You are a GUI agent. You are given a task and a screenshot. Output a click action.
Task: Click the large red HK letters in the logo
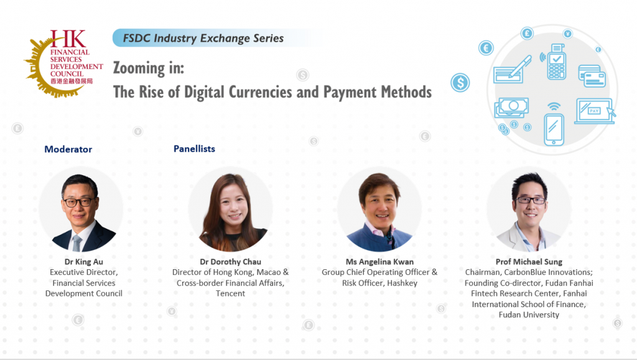click(x=68, y=39)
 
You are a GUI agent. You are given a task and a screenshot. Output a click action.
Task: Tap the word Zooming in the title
click(x=139, y=68)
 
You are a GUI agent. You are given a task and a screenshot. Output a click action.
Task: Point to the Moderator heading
click(x=68, y=149)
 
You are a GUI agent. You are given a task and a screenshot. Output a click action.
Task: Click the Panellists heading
click(x=194, y=149)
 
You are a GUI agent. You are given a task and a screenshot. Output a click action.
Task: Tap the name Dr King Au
click(x=84, y=262)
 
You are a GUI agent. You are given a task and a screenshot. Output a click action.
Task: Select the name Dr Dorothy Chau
click(x=230, y=262)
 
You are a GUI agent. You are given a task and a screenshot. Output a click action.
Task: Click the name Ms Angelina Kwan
click(x=379, y=262)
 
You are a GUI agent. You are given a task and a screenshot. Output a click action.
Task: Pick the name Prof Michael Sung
click(x=529, y=262)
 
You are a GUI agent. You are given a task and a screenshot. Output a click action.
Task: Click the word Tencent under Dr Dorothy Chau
click(x=230, y=293)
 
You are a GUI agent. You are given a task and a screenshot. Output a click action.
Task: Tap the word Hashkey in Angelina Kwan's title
click(x=402, y=283)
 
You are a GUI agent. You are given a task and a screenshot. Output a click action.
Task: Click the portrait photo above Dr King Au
click(x=81, y=210)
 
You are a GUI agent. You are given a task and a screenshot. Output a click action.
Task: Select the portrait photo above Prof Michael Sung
click(x=529, y=210)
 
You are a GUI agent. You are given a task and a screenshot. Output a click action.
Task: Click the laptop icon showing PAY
click(x=595, y=111)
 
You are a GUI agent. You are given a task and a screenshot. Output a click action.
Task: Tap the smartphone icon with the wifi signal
click(x=554, y=125)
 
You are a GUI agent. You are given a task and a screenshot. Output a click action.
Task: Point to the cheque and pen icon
click(x=513, y=70)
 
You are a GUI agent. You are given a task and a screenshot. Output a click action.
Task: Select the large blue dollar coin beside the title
click(x=460, y=83)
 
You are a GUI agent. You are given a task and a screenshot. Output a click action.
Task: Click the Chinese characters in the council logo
click(x=72, y=81)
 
